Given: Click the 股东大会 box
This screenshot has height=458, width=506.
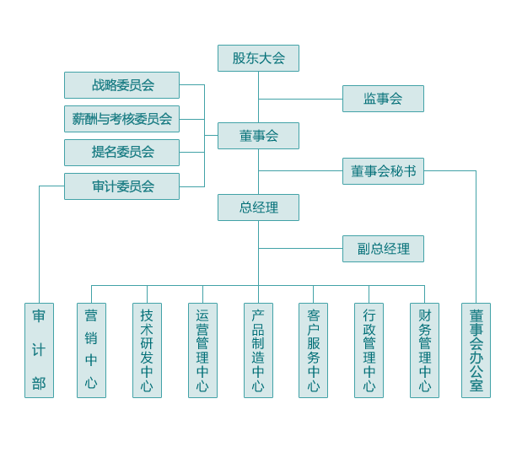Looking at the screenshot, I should pyautogui.click(x=258, y=58).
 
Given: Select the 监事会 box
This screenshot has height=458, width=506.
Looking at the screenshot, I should pyautogui.click(x=383, y=99).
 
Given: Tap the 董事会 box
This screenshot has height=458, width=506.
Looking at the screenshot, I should pyautogui.click(x=258, y=136).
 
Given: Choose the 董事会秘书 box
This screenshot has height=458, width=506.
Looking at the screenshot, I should pyautogui.click(x=383, y=171).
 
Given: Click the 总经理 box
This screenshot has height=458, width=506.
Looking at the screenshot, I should pyautogui.click(x=258, y=207).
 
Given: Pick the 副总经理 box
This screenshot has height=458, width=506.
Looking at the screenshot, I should pyautogui.click(x=383, y=249).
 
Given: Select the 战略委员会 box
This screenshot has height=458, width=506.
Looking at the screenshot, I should pyautogui.click(x=121, y=85).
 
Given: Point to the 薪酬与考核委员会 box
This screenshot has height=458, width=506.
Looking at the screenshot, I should pyautogui.click(x=121, y=119).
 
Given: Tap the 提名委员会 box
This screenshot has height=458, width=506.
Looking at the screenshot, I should pyautogui.click(x=121, y=153).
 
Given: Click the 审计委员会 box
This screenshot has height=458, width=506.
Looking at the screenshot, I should pyautogui.click(x=121, y=186).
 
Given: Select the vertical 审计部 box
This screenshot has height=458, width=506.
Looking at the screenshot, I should pyautogui.click(x=39, y=350).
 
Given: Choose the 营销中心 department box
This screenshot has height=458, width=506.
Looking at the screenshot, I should pyautogui.click(x=91, y=350).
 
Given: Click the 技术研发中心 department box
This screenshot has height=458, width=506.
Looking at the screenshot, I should pyautogui.click(x=147, y=350).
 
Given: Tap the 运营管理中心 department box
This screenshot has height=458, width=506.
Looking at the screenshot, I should pyautogui.click(x=202, y=350).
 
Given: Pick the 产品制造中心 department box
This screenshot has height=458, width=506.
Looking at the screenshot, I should pyautogui.click(x=258, y=350).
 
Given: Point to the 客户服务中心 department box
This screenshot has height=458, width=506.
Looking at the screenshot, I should pyautogui.click(x=313, y=350).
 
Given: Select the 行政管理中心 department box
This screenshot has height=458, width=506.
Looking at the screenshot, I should pyautogui.click(x=369, y=350).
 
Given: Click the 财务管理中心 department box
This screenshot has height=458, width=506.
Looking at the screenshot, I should pyautogui.click(x=424, y=350).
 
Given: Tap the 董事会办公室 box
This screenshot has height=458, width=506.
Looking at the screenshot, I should pyautogui.click(x=476, y=350).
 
